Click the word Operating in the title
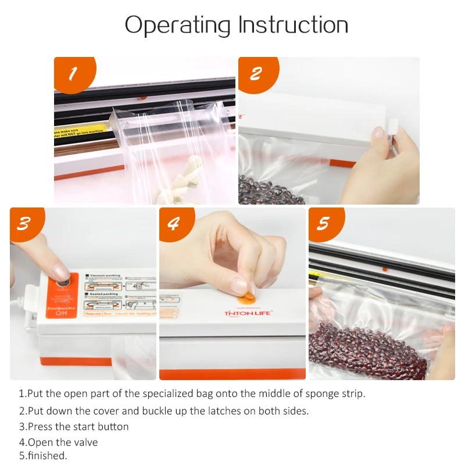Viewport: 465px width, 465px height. pyautogui.click(x=178, y=25)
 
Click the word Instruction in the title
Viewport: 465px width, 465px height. pyautogui.click(x=293, y=25)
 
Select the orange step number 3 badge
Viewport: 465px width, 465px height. pyautogui.click(x=23, y=224)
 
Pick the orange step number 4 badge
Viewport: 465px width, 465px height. pyautogui.click(x=173, y=224)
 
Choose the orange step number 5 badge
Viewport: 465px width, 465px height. pyautogui.click(x=323, y=224)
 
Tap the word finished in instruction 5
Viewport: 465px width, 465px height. pyautogui.click(x=46, y=455)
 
